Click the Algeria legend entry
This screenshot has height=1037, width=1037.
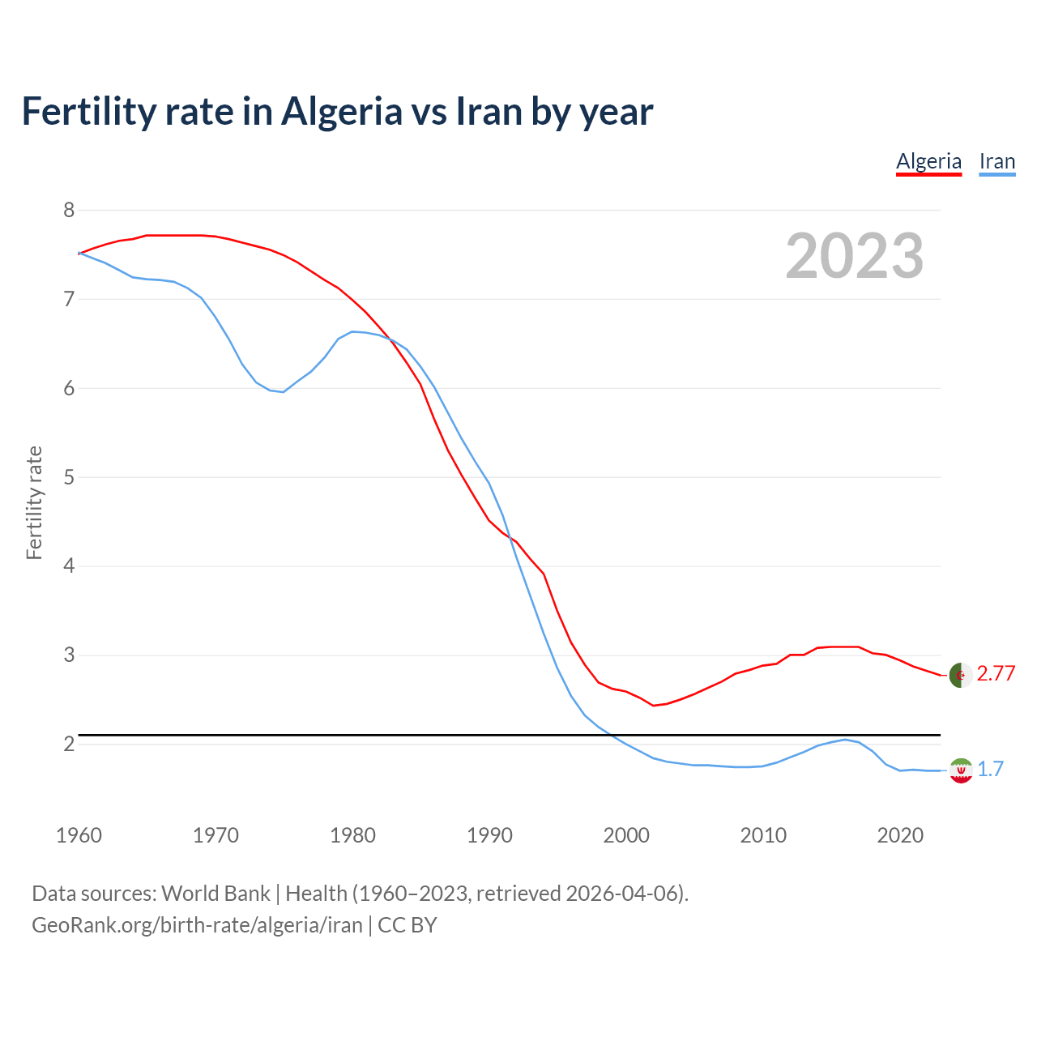[928, 161]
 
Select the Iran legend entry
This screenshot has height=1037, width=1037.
[996, 161]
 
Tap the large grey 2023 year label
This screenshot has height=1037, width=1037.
[854, 256]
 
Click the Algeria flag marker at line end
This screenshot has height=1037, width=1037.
[960, 675]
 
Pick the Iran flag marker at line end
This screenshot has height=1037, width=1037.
[960, 770]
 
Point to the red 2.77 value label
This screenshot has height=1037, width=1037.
[996, 674]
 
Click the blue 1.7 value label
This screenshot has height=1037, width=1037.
[990, 770]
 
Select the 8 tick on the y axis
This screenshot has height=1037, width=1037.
[69, 211]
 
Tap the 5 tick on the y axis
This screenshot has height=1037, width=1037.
[69, 477]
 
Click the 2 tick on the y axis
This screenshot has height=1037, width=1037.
[69, 744]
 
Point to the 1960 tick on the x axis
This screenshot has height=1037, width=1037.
[79, 835]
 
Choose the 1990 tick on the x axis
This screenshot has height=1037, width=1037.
[489, 835]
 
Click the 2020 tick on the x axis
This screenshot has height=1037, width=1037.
[900, 835]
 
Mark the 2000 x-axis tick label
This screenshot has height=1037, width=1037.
[626, 835]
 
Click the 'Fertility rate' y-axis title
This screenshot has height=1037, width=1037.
[34, 502]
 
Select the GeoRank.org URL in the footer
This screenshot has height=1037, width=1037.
[197, 925]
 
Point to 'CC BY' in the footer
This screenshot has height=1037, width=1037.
[408, 925]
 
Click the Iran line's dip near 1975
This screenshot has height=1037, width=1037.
[283, 392]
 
